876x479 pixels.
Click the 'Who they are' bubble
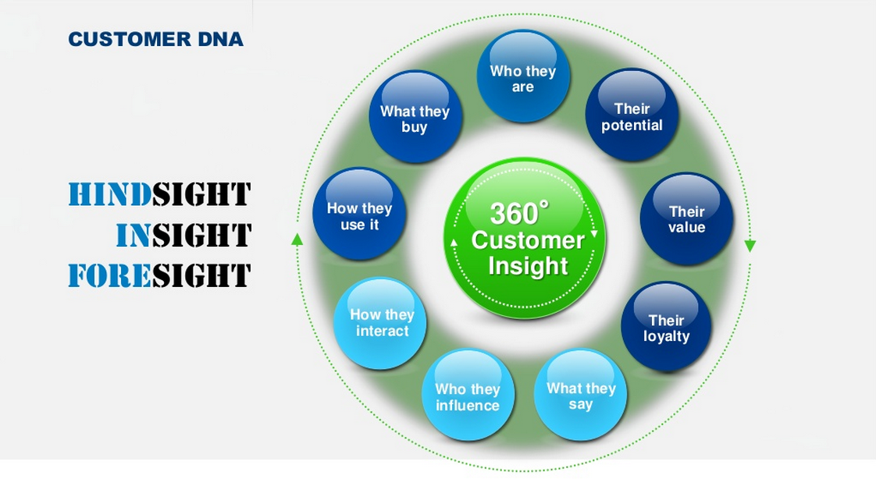523,76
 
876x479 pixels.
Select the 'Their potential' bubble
632,115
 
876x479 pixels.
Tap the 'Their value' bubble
686,218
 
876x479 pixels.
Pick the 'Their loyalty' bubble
666,327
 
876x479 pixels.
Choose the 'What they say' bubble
580,395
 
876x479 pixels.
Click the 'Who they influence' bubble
468,396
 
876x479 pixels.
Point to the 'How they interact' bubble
380,323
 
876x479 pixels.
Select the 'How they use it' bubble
359,214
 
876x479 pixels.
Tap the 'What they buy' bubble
415,117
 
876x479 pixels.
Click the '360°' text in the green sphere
519,213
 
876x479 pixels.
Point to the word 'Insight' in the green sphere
528,266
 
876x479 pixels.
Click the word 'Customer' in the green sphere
528,240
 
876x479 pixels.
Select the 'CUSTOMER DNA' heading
156,39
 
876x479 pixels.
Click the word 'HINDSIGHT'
159,194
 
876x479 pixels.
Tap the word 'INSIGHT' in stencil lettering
183,235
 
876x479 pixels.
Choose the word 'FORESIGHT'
159,275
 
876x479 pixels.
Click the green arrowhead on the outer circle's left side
297,239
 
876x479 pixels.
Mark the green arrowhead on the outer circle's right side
750,246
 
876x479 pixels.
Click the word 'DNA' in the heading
221,39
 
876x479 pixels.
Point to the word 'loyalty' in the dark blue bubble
666,336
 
